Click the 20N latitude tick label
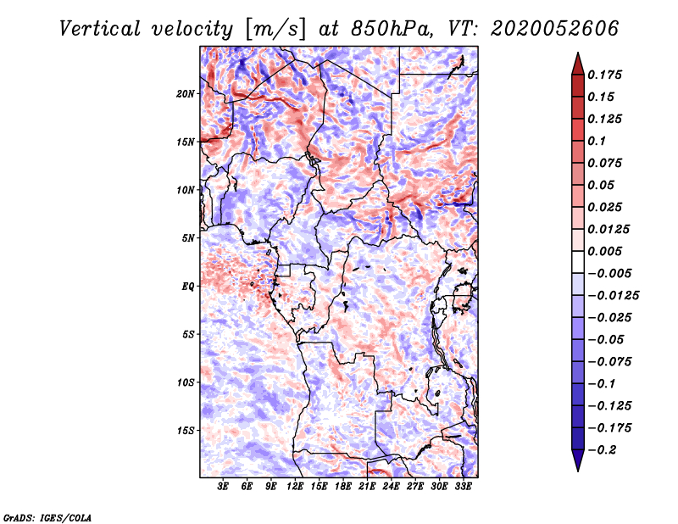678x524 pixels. point(186,93)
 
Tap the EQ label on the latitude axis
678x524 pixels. point(188,286)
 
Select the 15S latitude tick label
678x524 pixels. point(186,431)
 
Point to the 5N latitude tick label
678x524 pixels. point(188,238)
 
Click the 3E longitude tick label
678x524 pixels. point(224,488)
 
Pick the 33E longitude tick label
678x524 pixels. point(463,488)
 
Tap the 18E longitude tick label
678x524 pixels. point(343,488)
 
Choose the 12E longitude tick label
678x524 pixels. point(296,488)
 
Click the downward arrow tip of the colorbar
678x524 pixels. point(577,469)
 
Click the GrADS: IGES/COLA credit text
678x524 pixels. point(47,516)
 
